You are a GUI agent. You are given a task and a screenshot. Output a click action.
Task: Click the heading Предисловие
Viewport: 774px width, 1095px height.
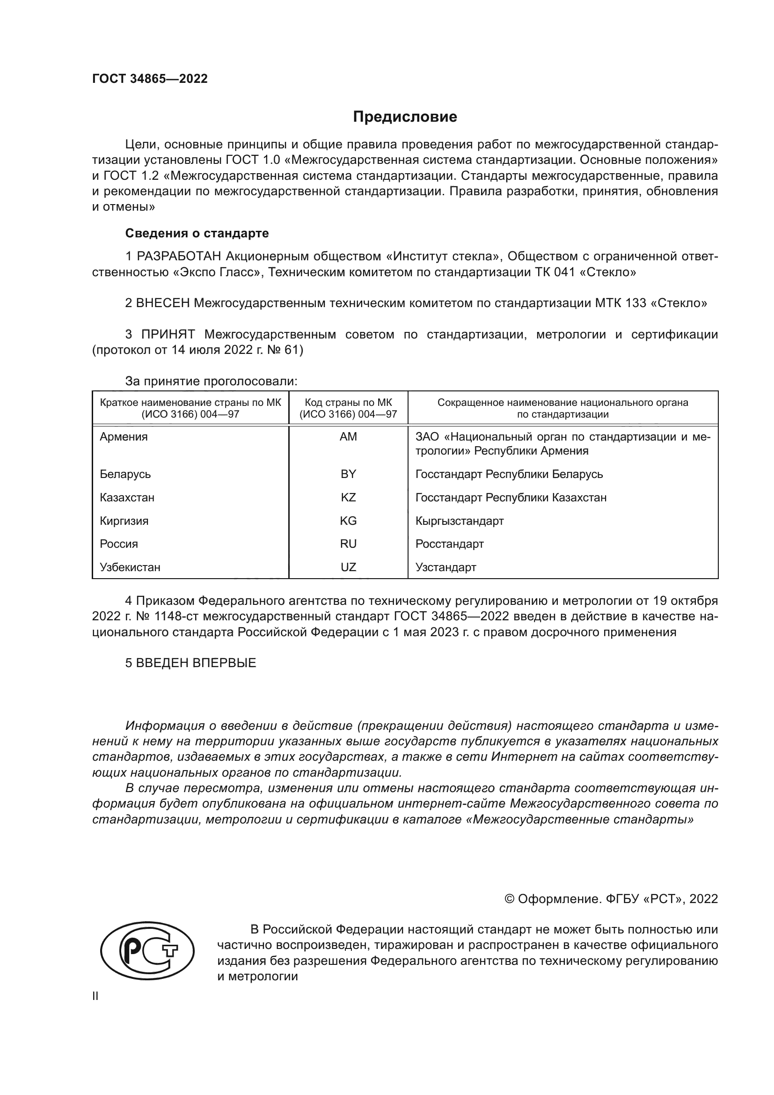(405, 117)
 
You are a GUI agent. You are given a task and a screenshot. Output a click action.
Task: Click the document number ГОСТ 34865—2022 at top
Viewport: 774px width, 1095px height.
(150, 79)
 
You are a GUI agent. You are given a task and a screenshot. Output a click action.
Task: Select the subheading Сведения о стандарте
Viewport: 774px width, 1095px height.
(197, 233)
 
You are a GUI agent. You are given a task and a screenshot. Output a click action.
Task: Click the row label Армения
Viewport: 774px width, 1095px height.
(124, 437)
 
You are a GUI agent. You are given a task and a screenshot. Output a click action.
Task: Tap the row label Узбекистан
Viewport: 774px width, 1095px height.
(130, 567)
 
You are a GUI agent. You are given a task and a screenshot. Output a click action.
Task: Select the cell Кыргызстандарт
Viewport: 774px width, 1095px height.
(459, 521)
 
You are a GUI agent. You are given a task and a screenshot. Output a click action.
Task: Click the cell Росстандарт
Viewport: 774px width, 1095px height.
(449, 544)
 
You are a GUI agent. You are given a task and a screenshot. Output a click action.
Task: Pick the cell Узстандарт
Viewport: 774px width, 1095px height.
(445, 567)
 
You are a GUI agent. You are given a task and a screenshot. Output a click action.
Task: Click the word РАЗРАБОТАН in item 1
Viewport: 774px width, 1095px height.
(179, 257)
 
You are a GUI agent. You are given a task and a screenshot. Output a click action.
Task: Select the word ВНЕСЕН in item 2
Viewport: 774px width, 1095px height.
(163, 303)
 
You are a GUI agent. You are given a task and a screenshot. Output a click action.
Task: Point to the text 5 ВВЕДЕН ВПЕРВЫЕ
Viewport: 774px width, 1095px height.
(190, 663)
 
